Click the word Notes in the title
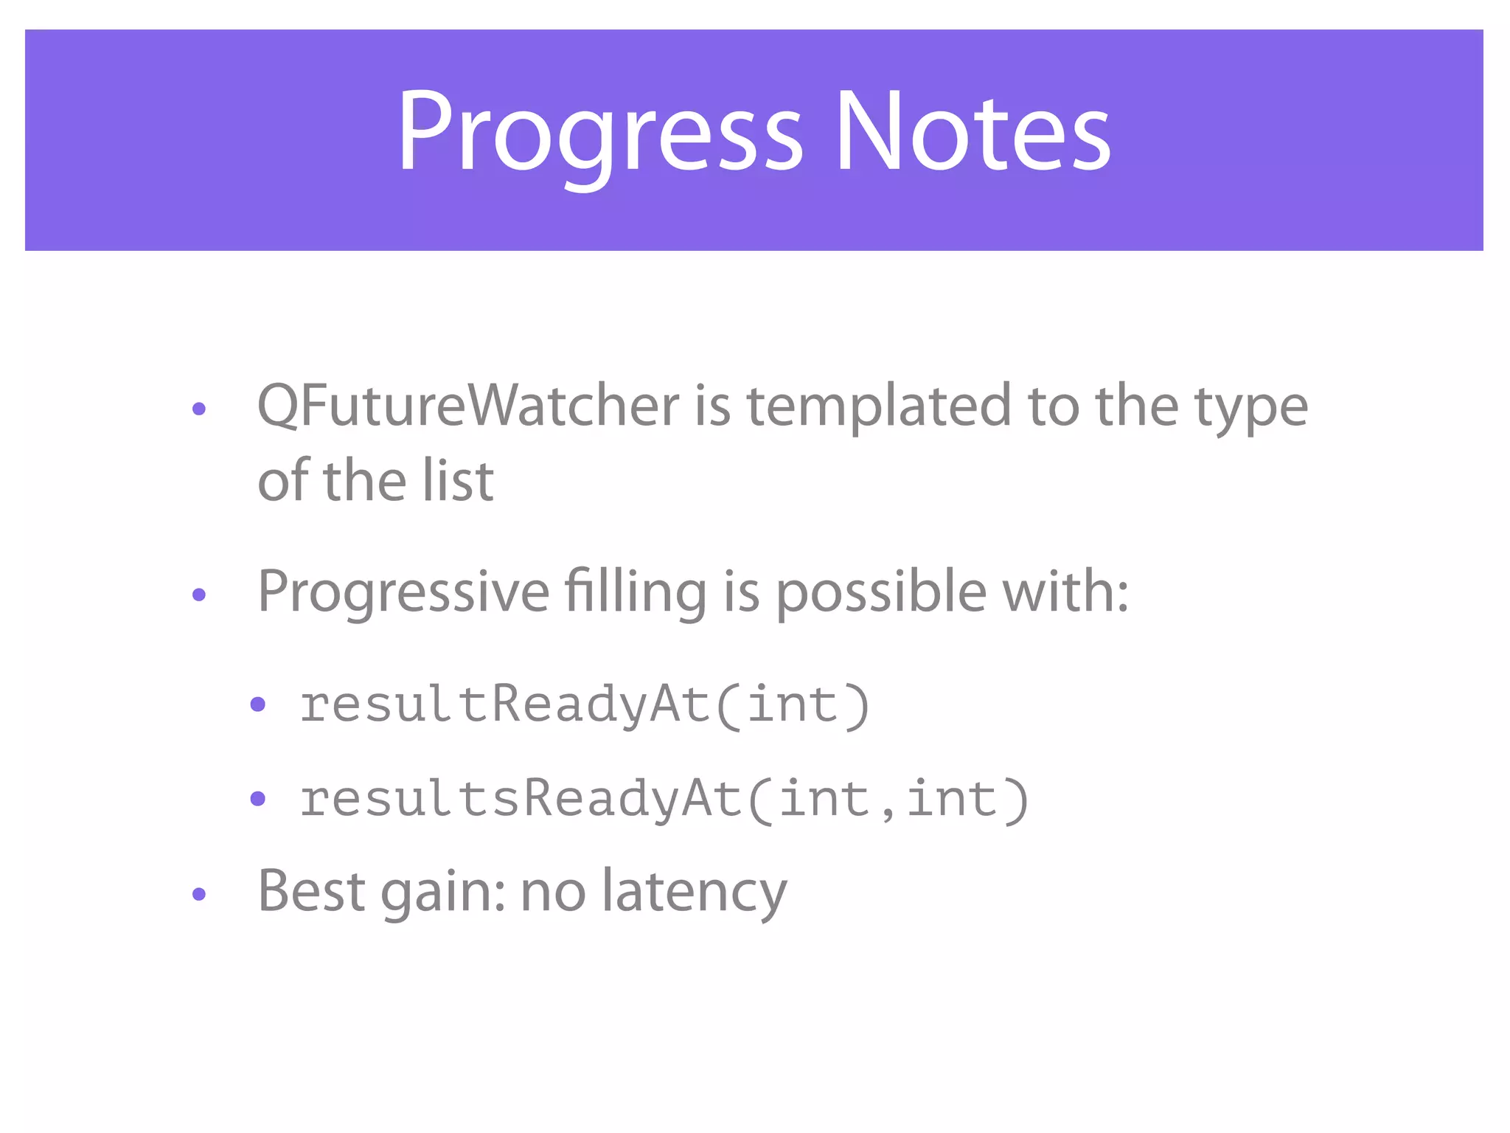coord(972,133)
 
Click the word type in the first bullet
coord(1250,408)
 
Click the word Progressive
coord(403,592)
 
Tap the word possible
coord(881,592)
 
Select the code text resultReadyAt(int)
coord(585,705)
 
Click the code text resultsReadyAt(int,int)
coord(664,800)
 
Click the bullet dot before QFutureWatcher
coord(198,409)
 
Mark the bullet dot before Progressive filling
coord(198,595)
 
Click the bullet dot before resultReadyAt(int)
coord(257,704)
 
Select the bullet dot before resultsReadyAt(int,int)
coord(257,798)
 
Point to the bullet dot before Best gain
coord(198,894)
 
